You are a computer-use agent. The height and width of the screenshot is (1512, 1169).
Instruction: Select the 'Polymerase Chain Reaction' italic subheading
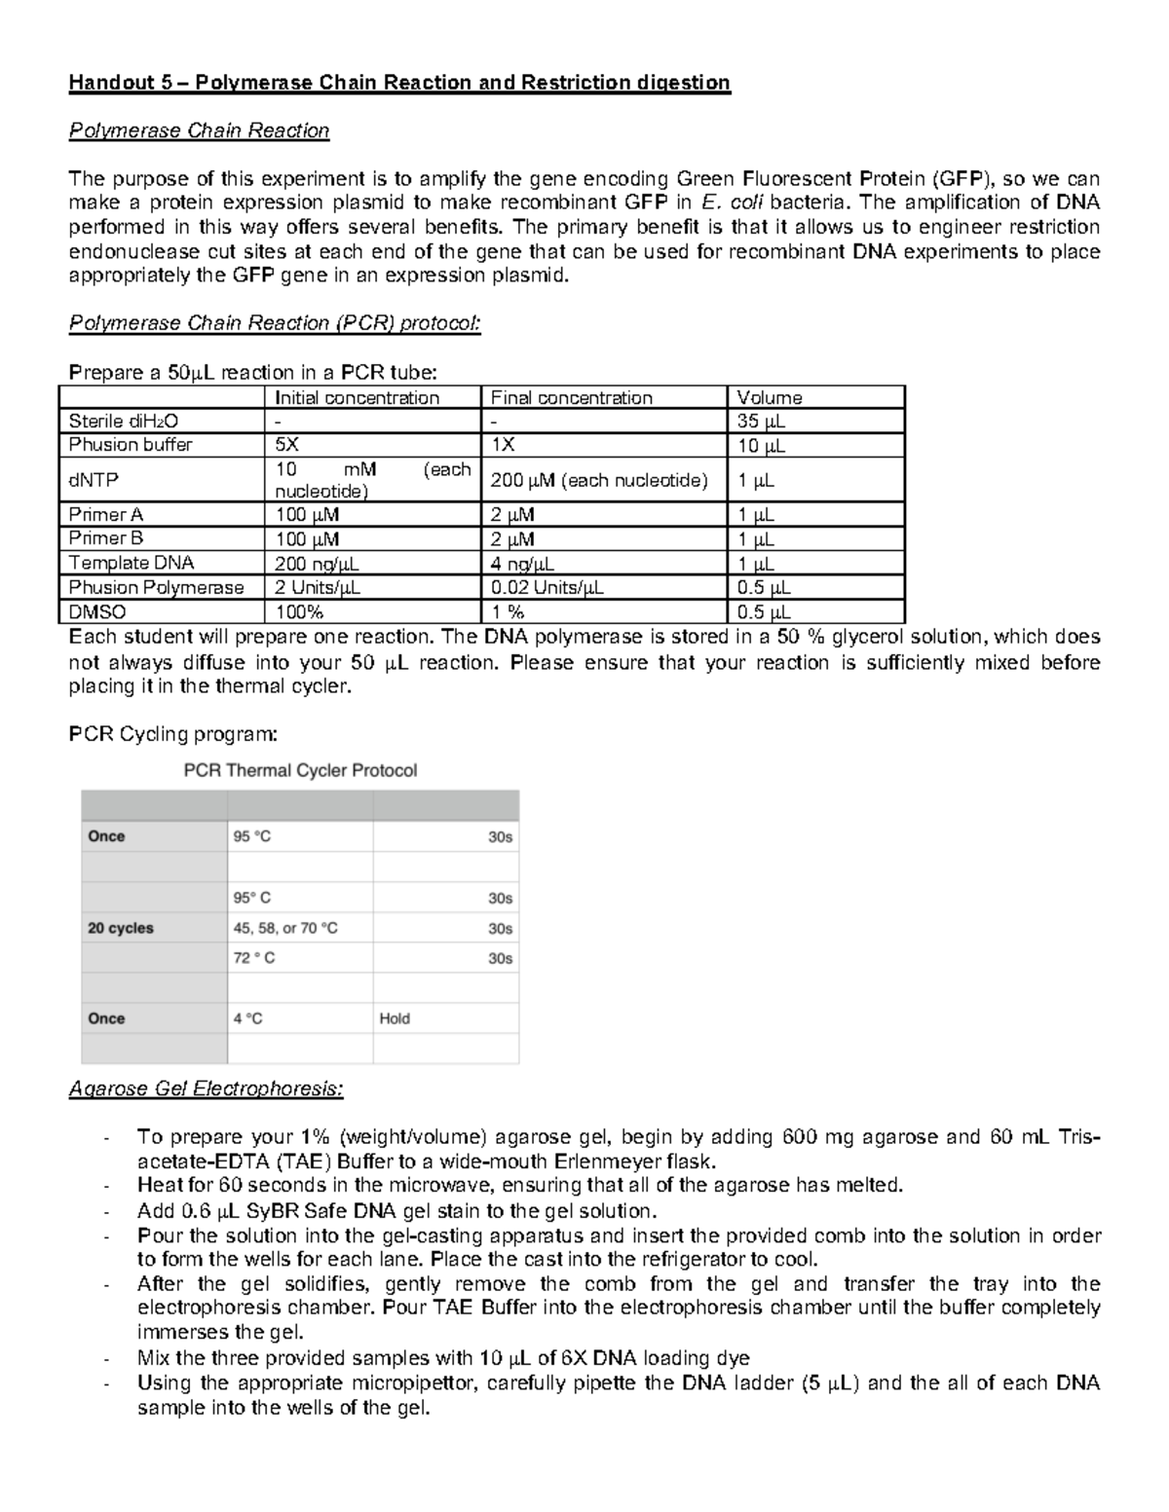coord(199,130)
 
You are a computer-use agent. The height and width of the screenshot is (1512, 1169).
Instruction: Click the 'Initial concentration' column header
coord(357,397)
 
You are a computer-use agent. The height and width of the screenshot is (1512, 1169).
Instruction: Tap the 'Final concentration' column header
coord(571,397)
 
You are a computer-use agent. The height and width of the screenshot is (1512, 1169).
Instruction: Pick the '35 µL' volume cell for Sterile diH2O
coord(761,422)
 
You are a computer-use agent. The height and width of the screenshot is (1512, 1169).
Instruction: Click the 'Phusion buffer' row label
coord(131,445)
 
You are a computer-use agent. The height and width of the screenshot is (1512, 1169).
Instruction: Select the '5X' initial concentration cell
coord(287,445)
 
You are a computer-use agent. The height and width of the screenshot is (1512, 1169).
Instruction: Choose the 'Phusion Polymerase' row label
coord(156,587)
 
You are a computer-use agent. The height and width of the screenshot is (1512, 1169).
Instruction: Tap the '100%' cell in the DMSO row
coord(299,612)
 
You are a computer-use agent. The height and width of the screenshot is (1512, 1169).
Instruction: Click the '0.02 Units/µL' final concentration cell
coord(547,587)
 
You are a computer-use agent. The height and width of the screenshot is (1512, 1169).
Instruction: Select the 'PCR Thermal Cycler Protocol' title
coord(300,770)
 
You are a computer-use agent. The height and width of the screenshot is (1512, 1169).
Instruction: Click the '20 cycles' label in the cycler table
coord(121,928)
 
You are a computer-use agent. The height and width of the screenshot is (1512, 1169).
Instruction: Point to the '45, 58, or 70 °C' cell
coord(285,928)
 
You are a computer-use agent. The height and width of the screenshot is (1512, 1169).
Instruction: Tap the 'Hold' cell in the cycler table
coord(395,1018)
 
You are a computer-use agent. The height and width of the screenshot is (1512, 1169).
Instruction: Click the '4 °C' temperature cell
coord(247,1018)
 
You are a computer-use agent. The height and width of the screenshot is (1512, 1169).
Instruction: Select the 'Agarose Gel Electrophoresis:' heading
coord(206,1088)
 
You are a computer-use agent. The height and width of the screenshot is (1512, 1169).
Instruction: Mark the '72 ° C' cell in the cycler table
coord(253,958)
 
